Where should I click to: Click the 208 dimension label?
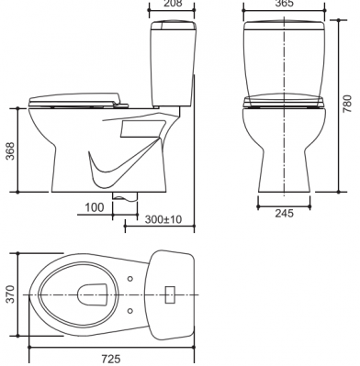173,3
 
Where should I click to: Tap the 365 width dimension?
284,3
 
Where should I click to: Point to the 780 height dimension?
347,104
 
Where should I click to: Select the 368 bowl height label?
10,150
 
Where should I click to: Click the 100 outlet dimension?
94,207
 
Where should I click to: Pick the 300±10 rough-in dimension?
163,219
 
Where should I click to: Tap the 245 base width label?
284,213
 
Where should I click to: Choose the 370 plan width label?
10,294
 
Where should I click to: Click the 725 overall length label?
111,359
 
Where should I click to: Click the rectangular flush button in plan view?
170,294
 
